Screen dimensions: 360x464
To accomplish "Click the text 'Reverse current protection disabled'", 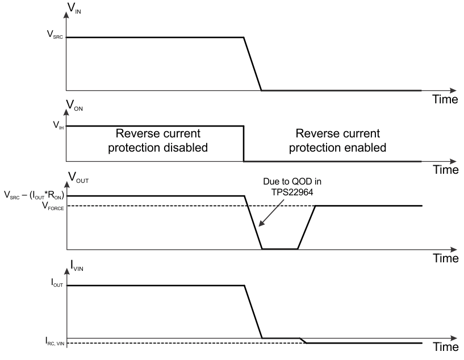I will point(158,141).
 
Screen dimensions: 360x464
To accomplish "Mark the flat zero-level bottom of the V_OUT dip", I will point(279,249).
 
